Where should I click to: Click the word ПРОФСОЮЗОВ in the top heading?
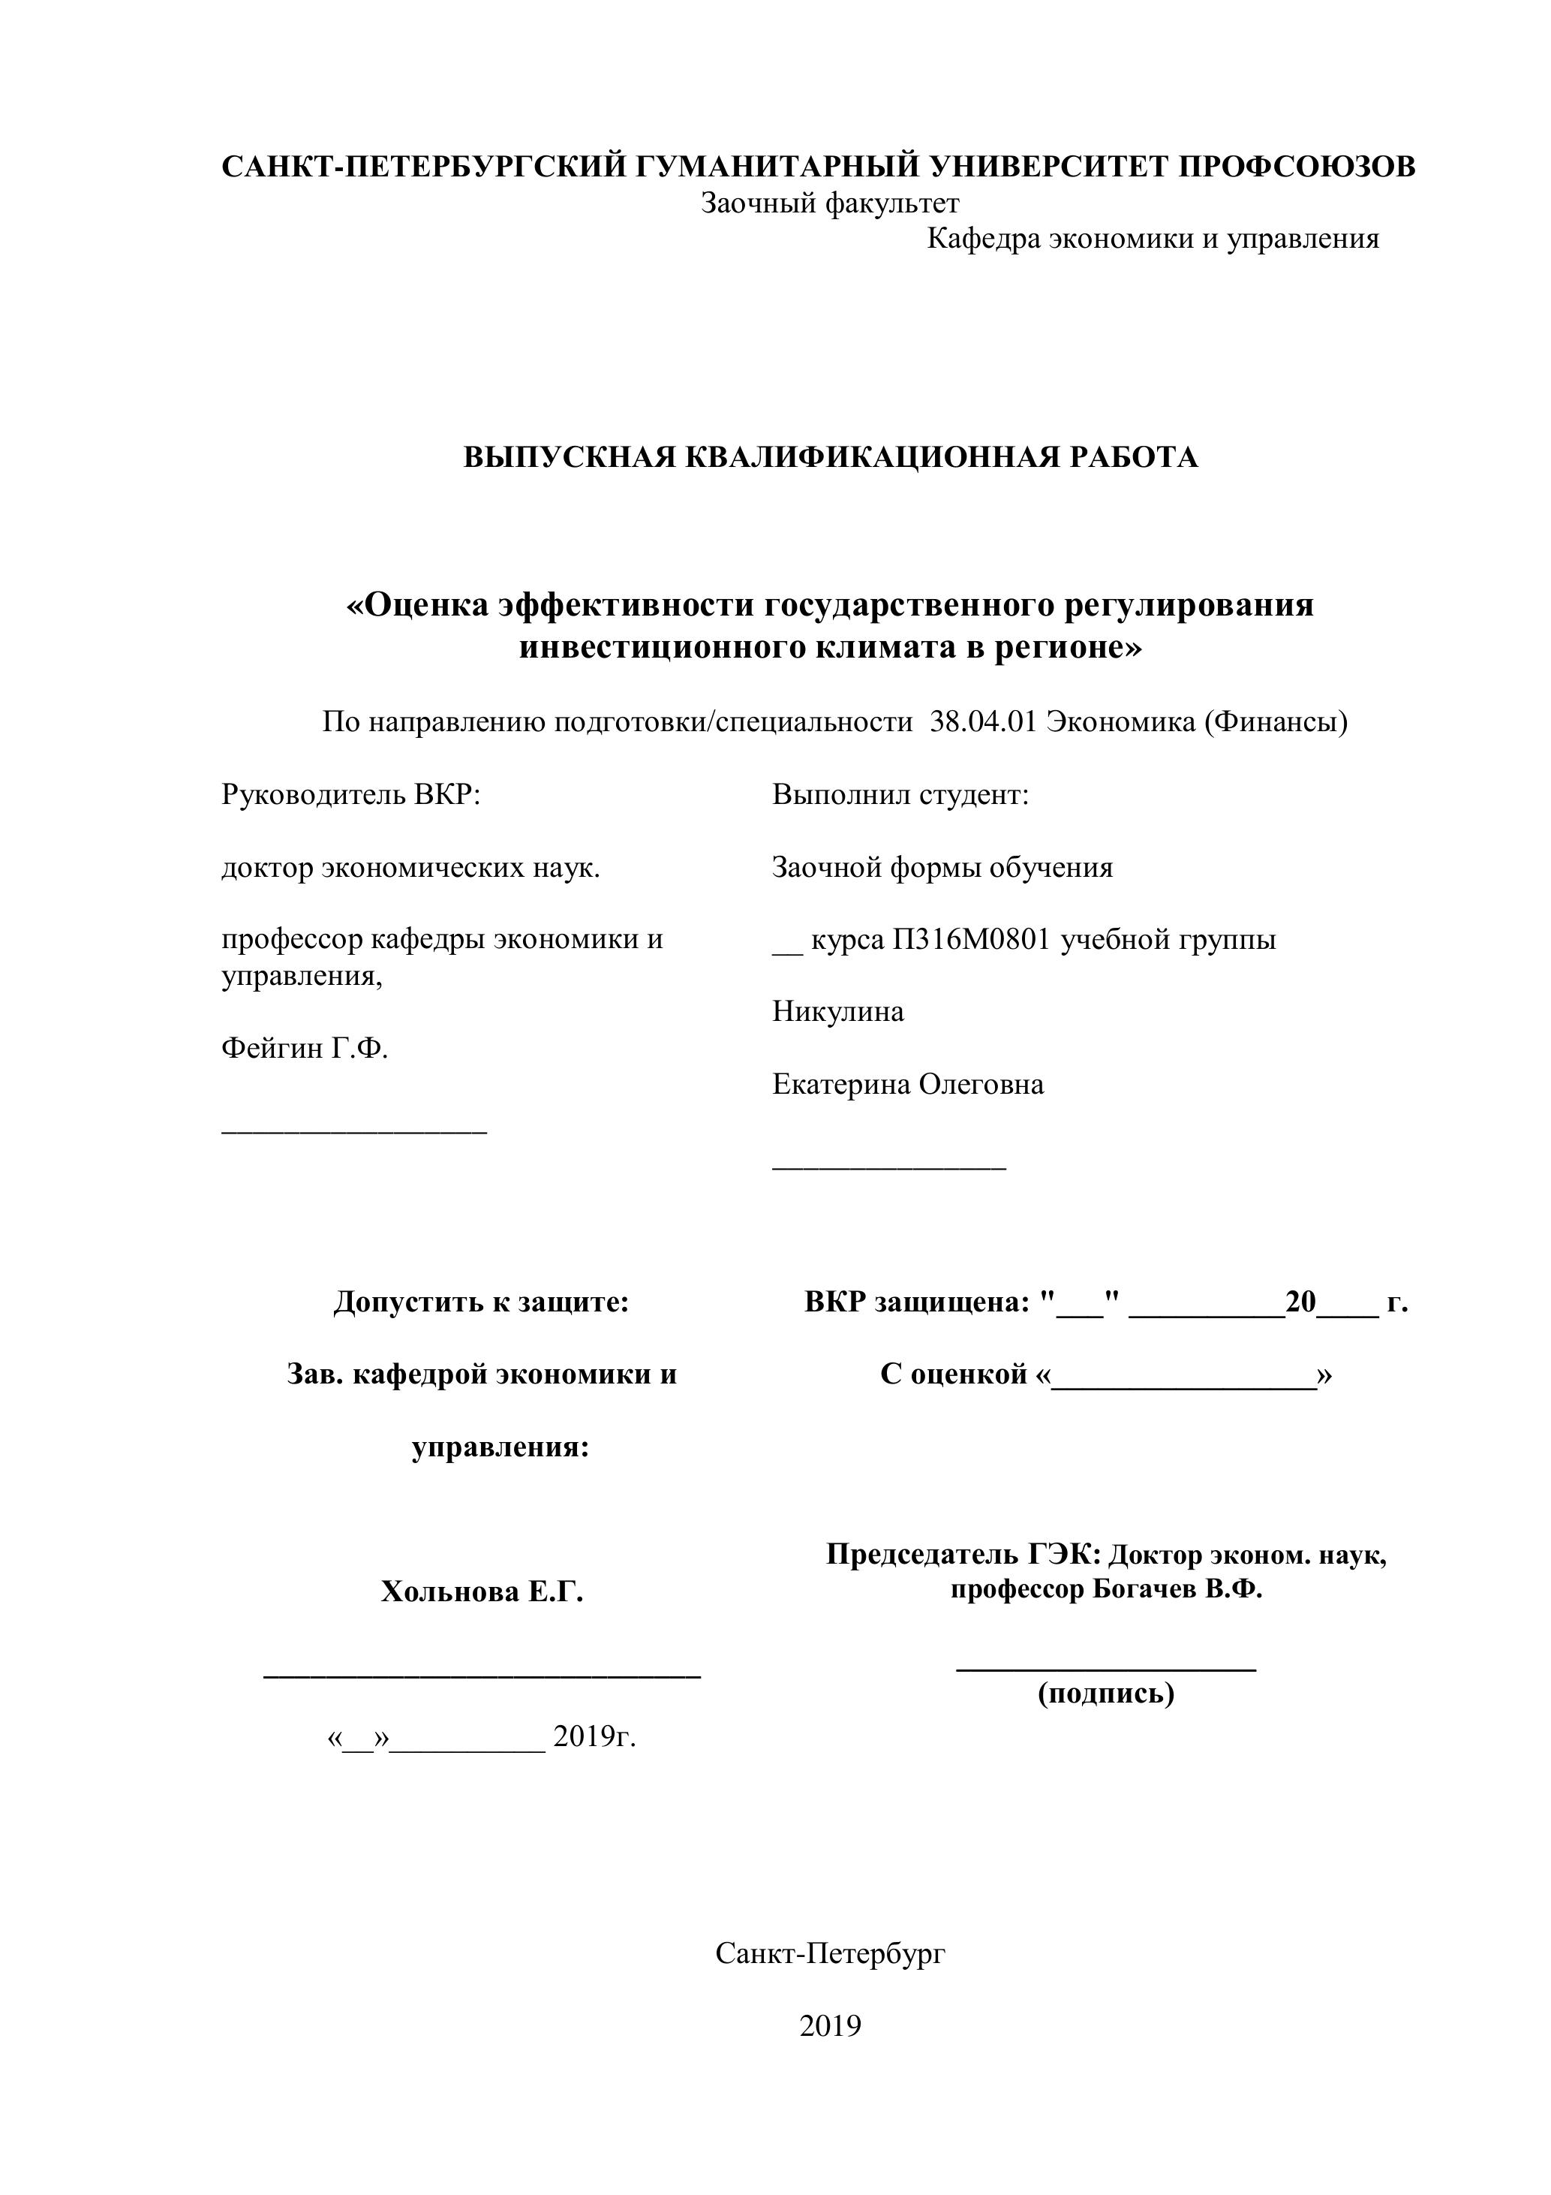pos(1296,167)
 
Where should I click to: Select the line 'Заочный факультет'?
pos(829,203)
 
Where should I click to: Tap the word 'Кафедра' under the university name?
pos(984,239)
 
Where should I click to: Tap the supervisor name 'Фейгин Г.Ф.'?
pos(305,1049)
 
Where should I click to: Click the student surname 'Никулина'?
pos(838,1011)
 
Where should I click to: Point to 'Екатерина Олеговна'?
pos(908,1084)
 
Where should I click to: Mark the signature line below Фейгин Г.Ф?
pos(354,1132)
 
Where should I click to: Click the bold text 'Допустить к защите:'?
pos(481,1302)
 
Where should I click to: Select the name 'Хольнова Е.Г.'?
pos(482,1591)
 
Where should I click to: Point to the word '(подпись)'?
pos(1107,1693)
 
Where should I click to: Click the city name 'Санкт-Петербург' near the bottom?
pos(829,1953)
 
